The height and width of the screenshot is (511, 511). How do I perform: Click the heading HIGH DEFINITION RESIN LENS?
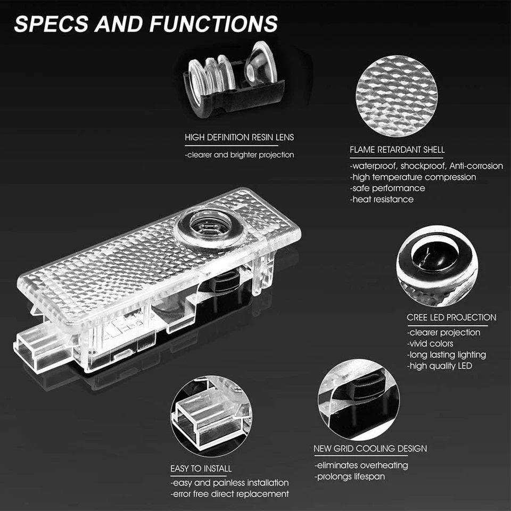[239, 137]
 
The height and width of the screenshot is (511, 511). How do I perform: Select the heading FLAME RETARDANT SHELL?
[397, 150]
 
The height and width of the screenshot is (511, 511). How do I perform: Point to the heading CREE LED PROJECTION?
[451, 317]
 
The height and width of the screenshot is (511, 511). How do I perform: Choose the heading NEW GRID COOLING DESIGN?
[370, 449]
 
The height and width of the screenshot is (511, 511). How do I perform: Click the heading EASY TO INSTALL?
[201, 469]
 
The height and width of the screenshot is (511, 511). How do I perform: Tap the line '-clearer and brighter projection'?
[239, 155]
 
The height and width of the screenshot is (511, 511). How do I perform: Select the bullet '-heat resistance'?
[382, 200]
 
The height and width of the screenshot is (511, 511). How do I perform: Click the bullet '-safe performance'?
[388, 188]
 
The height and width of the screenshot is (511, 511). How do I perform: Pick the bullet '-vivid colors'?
[430, 344]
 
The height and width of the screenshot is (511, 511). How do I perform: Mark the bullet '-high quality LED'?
[439, 366]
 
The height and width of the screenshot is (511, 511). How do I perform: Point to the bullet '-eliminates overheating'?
[361, 466]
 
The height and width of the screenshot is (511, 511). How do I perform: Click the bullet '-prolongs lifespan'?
[349, 477]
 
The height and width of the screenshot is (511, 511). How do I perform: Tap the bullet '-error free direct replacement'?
[230, 494]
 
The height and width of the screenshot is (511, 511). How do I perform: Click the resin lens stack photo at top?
[234, 80]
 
